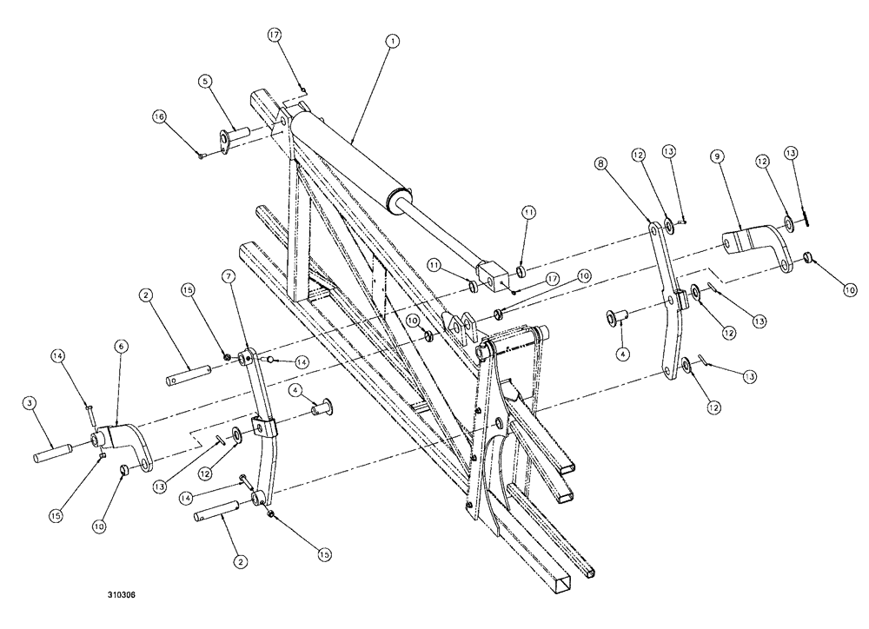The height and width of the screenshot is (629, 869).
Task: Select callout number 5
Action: [205, 81]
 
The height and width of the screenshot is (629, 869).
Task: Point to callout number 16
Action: [159, 116]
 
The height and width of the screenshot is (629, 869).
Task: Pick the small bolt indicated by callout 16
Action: [201, 156]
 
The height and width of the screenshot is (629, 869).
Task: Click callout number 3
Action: [30, 404]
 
